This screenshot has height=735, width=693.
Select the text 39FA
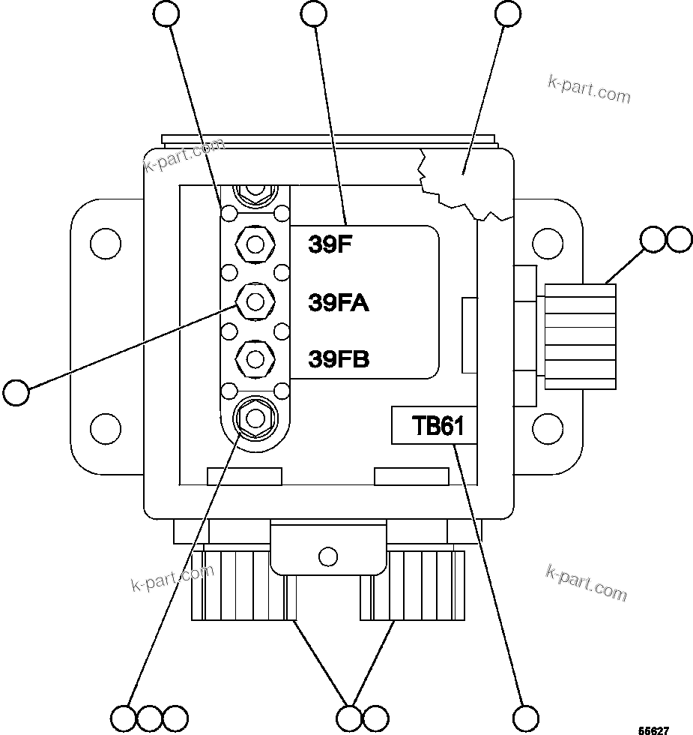[339, 302]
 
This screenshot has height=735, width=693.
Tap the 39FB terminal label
[339, 359]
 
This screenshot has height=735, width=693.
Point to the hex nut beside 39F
[255, 244]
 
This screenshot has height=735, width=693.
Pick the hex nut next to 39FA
[255, 301]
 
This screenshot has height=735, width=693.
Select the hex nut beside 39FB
[255, 358]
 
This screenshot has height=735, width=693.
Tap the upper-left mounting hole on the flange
[105, 243]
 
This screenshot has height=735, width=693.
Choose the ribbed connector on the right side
[581, 336]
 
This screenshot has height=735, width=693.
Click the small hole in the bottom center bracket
[327, 556]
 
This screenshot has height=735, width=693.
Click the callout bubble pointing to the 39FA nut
[16, 391]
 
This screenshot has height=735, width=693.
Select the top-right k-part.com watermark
[589, 88]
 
